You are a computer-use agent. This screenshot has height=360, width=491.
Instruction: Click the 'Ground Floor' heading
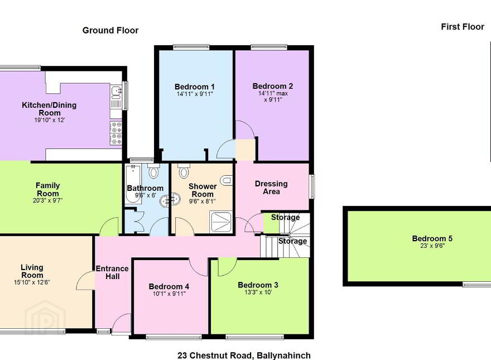click(x=110, y=30)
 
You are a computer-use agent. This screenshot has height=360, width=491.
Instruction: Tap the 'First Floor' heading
click(x=463, y=27)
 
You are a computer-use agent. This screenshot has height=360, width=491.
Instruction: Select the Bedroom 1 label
click(x=195, y=87)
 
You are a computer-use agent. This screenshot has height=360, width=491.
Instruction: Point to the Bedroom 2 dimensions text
click(x=273, y=97)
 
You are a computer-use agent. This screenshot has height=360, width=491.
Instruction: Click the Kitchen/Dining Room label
click(x=49, y=109)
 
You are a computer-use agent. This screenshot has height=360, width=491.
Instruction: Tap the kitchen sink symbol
click(x=116, y=93)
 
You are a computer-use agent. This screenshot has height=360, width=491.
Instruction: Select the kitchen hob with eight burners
click(x=116, y=133)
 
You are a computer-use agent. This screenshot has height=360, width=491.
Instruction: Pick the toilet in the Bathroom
click(x=153, y=171)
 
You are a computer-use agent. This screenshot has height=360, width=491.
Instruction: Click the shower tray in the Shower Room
click(x=221, y=222)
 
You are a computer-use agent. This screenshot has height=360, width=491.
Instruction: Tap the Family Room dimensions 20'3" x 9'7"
click(x=47, y=200)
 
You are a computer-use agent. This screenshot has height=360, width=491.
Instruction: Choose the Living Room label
click(x=32, y=271)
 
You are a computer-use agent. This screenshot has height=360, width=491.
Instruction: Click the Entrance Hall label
click(x=112, y=272)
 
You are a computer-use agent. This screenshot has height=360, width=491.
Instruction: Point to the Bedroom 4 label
click(x=169, y=286)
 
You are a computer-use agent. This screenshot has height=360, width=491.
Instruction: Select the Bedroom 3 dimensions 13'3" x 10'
click(x=258, y=292)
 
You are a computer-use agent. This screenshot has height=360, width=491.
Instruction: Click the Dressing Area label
click(x=271, y=188)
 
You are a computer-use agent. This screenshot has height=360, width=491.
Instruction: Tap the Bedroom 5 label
click(x=432, y=238)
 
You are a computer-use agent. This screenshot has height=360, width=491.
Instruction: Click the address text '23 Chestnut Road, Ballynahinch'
click(x=244, y=356)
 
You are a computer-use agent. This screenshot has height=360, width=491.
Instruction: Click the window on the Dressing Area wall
click(x=312, y=186)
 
